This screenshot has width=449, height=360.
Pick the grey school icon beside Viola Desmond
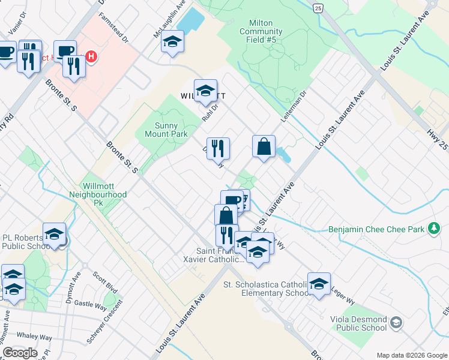pos(396,323)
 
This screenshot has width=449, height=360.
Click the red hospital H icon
pos(91,57)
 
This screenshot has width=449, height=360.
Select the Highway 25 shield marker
pos(318,8)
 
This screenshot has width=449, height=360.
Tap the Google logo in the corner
pos(20,353)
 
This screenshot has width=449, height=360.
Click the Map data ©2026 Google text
pos(411,355)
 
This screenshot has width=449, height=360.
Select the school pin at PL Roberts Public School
pos(54,234)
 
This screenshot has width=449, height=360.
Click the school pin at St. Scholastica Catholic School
pos(319,284)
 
